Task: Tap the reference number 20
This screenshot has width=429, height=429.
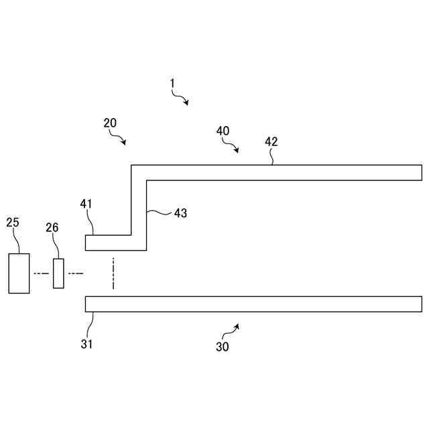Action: (x=110, y=123)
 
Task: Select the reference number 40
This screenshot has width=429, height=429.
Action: (x=223, y=131)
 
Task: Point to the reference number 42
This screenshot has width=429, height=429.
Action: (x=271, y=141)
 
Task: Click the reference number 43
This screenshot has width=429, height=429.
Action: (x=180, y=213)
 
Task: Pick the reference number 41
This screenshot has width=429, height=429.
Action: (x=86, y=204)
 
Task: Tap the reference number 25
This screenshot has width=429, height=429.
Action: (x=13, y=222)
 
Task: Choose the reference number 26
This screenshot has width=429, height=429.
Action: (x=52, y=228)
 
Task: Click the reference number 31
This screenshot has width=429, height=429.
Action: (x=87, y=345)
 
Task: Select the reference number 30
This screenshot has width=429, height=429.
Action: (x=222, y=347)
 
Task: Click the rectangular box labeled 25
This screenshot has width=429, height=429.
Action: (x=19, y=273)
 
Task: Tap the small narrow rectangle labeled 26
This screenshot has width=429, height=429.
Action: (x=58, y=273)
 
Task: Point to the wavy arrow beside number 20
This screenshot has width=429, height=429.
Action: (x=120, y=138)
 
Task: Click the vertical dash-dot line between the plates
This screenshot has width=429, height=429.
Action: (x=114, y=273)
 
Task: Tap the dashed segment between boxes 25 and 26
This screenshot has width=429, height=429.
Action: (x=42, y=273)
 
